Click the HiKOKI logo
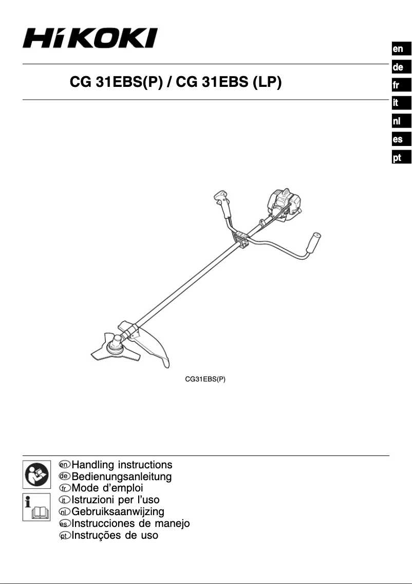(89, 39)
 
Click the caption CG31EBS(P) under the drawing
(205, 379)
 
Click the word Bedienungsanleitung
(122, 477)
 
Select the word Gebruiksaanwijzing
(118, 512)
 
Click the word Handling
(93, 465)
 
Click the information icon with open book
(36, 507)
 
